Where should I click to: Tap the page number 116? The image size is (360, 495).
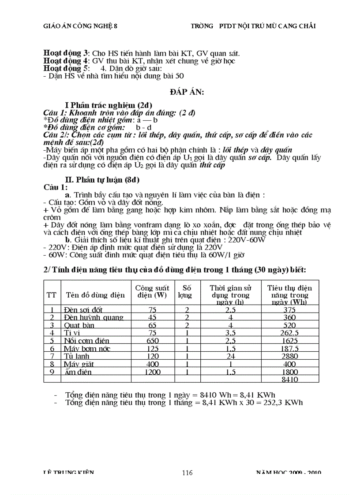(187, 473)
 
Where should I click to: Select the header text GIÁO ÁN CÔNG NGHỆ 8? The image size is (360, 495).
(80, 26)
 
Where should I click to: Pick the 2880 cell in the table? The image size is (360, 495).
(289, 356)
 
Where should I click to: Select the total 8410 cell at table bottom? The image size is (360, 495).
(289, 379)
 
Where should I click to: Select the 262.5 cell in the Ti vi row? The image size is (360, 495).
(289, 333)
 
